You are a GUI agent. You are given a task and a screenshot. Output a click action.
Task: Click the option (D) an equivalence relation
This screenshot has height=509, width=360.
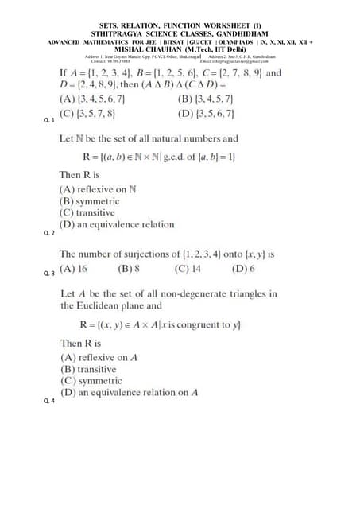(x=117, y=224)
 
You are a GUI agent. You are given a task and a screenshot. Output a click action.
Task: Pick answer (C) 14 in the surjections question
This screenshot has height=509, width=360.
(x=187, y=269)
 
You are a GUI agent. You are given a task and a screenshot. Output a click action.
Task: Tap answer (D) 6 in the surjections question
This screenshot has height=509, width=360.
(x=242, y=269)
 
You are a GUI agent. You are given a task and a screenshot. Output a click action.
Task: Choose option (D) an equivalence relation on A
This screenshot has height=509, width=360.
(x=129, y=392)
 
